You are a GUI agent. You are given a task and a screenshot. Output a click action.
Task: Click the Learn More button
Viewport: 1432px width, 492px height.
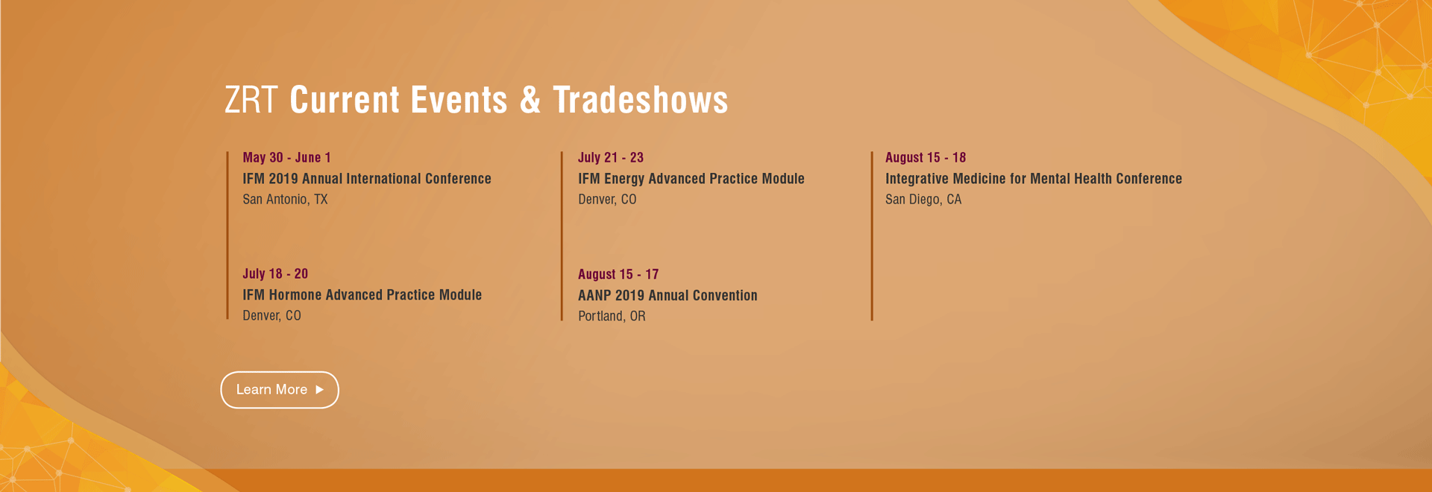coord(280,390)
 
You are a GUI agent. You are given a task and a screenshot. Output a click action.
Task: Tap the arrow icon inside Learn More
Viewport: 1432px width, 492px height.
coord(320,390)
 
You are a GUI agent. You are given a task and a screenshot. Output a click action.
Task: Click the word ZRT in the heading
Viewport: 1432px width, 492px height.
coord(251,100)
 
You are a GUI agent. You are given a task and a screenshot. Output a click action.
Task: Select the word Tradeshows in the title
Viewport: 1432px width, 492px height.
coord(641,100)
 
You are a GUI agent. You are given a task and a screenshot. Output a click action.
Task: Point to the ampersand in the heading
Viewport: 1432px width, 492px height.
coord(530,100)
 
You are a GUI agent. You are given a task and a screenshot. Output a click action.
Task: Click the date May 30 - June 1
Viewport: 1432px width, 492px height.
coord(286,157)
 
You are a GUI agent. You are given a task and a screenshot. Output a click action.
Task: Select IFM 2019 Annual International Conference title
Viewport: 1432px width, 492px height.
coord(367,179)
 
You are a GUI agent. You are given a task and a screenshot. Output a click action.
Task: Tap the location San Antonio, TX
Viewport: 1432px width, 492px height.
coord(285,200)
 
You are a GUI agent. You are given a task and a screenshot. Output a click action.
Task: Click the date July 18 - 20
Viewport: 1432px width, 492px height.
coord(275,274)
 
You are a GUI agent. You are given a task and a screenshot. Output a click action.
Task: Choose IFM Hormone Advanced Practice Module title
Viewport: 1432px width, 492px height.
coord(362,295)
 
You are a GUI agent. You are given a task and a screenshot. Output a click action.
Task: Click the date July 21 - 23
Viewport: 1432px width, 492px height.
coord(611,157)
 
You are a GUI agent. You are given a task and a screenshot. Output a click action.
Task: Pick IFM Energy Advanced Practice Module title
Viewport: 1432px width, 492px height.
coord(691,179)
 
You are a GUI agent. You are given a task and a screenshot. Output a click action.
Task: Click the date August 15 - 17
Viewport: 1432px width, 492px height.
coord(618,274)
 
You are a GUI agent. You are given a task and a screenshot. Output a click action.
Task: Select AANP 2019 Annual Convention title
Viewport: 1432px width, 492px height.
coord(668,296)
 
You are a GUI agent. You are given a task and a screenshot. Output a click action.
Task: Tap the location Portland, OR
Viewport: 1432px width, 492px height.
coord(612,316)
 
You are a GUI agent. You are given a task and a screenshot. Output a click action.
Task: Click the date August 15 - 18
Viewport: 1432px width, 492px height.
coord(926,157)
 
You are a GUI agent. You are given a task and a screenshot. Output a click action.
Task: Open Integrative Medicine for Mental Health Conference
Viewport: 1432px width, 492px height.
coord(1034,179)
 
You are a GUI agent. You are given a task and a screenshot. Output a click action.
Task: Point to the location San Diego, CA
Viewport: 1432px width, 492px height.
coord(923,200)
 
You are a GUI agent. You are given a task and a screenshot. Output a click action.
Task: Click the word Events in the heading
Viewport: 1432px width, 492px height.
coord(459,100)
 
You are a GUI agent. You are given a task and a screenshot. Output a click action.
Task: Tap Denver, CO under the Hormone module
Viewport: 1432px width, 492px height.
coord(271,316)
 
